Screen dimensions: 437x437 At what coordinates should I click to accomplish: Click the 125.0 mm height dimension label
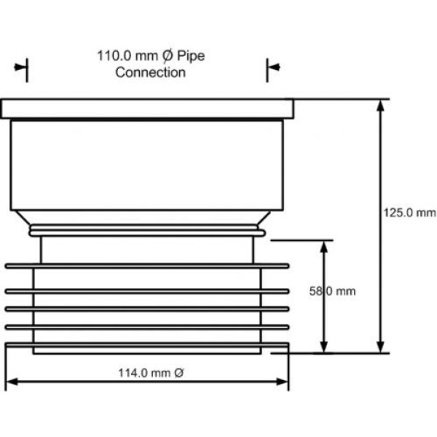[409, 213]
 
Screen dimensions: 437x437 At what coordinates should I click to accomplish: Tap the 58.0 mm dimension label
[333, 291]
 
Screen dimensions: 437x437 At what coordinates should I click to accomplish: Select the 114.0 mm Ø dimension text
[151, 373]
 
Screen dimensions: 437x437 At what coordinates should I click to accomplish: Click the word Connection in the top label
[151, 72]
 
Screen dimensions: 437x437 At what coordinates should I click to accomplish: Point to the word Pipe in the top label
[191, 56]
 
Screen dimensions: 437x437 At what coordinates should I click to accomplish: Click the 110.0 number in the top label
[114, 55]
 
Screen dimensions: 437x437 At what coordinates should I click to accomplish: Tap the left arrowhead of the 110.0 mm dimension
[20, 67]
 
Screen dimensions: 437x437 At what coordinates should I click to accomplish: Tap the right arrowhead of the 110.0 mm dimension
[275, 67]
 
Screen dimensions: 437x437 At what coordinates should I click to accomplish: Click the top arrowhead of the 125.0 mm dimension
[380, 106]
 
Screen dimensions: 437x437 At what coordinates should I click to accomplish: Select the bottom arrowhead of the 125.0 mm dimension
[380, 346]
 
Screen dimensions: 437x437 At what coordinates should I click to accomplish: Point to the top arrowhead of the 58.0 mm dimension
[323, 247]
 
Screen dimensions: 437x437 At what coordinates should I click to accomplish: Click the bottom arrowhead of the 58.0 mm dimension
[323, 346]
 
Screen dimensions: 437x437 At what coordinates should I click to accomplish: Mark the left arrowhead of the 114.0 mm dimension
[12, 382]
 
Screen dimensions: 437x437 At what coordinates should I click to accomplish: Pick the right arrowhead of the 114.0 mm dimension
[282, 382]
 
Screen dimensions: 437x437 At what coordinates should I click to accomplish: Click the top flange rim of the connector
[147, 109]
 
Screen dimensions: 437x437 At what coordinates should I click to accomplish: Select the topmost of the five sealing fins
[147, 266]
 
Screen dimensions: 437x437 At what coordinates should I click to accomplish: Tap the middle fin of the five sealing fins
[147, 309]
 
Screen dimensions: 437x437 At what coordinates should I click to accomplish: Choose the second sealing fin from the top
[147, 291]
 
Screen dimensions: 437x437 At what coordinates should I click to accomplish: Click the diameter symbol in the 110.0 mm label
[168, 56]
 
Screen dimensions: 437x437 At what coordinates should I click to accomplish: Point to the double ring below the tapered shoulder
[147, 230]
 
